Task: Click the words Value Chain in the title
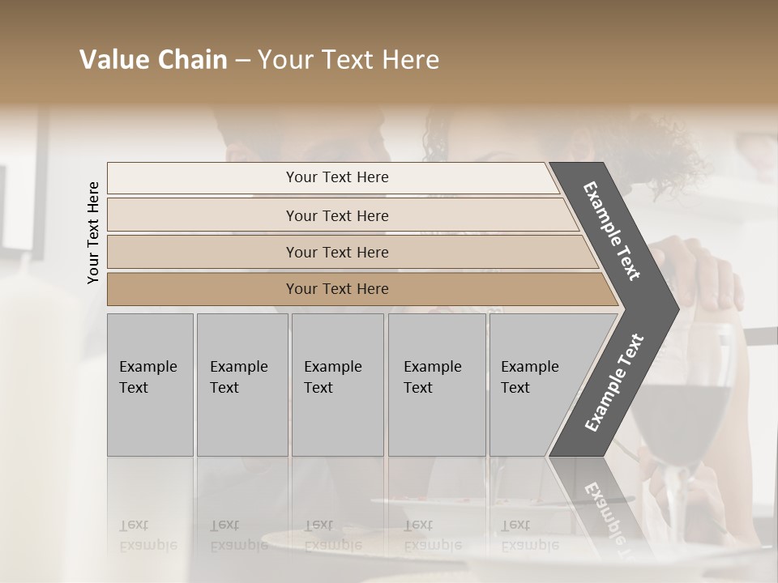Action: [153, 60]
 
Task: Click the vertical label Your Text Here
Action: [93, 232]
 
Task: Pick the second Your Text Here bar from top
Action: [337, 215]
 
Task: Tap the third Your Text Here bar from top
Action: [337, 252]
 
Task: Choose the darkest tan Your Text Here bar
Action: [337, 289]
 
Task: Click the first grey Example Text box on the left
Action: [150, 385]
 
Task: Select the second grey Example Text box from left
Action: [242, 385]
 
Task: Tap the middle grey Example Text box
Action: [337, 385]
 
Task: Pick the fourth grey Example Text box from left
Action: [436, 385]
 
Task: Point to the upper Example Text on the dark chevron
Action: [612, 231]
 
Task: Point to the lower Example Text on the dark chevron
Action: [614, 383]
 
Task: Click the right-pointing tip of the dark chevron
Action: [673, 308]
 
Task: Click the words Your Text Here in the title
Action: [348, 60]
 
